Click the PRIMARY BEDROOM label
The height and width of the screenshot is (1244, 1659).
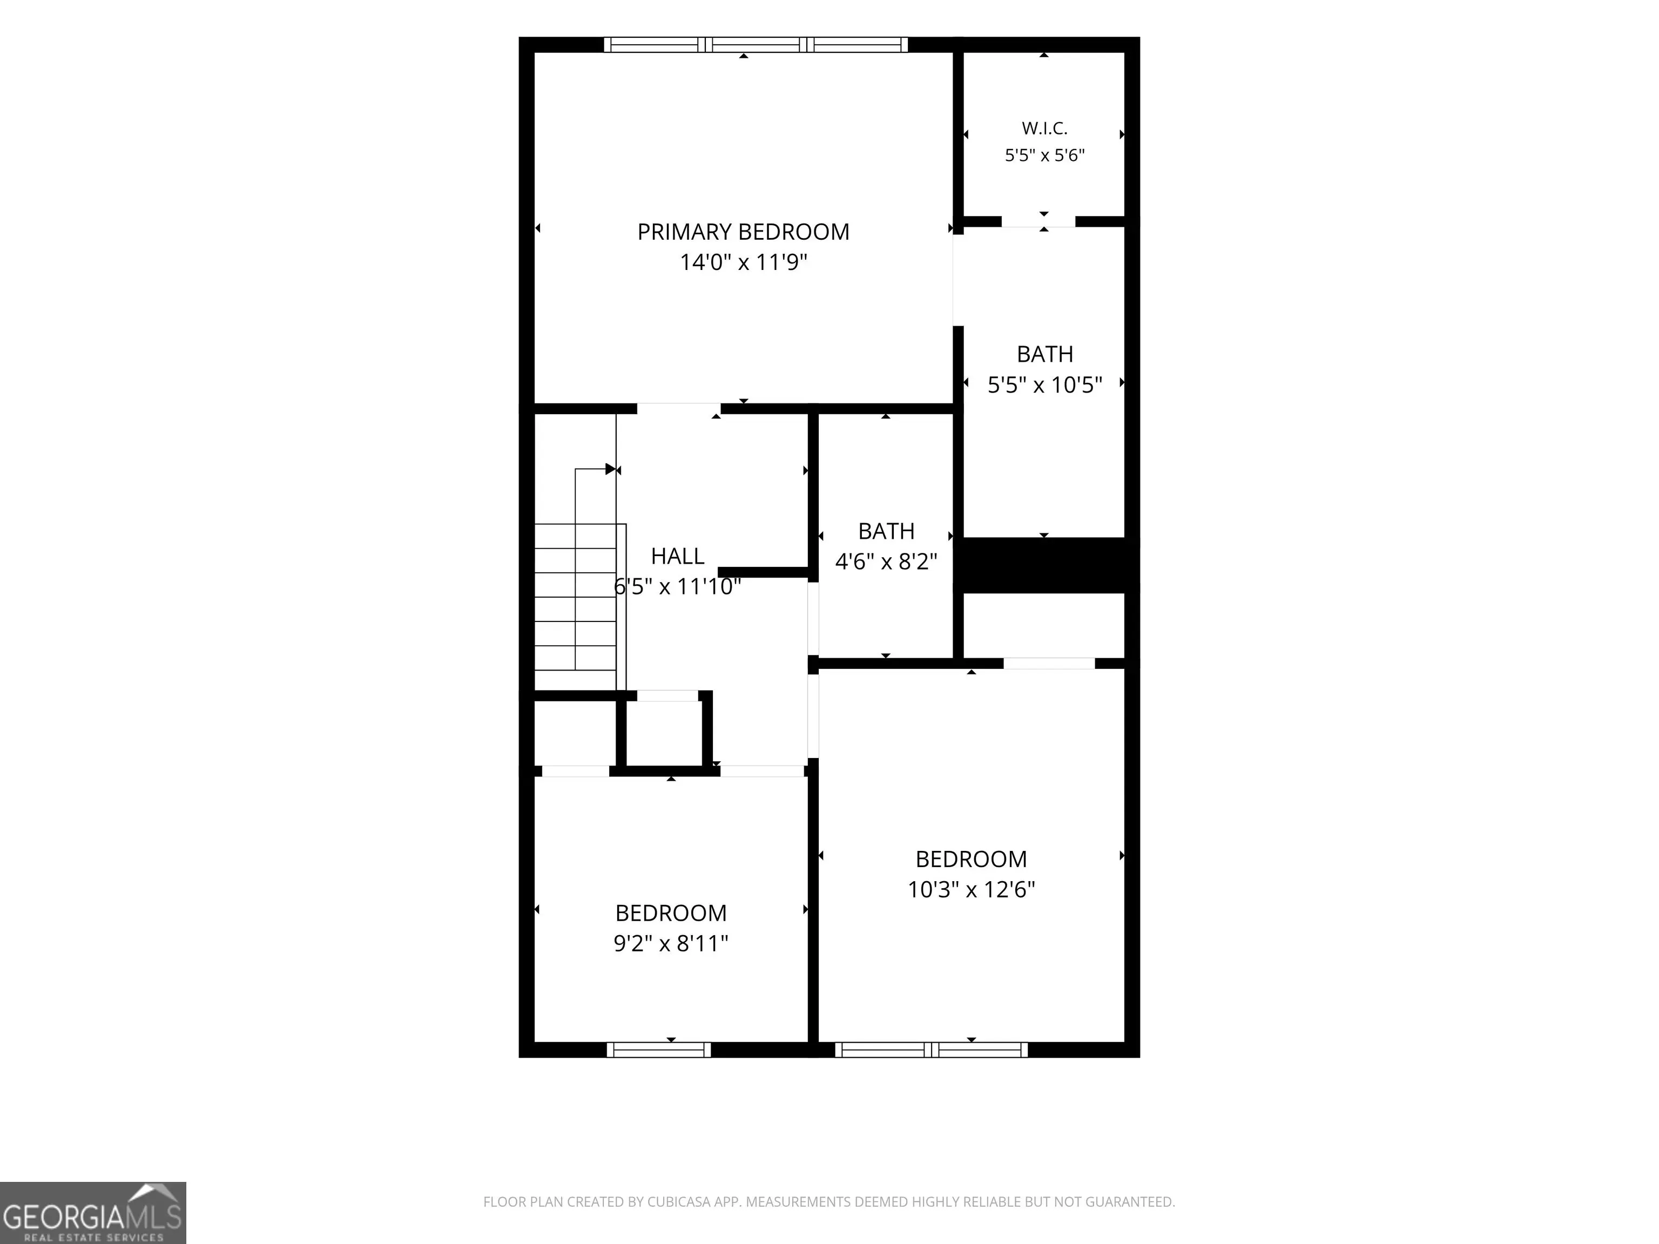743,232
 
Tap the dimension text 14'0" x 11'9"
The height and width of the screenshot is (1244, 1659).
743,262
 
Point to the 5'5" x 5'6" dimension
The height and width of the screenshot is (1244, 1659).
1045,155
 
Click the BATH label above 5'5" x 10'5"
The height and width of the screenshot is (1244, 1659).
1045,354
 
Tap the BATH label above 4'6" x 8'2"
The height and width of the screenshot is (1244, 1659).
887,531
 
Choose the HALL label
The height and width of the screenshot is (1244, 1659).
677,556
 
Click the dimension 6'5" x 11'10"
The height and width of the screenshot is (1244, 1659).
677,586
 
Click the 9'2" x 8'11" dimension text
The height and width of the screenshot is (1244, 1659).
671,943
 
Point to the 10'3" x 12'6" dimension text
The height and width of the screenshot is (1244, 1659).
971,889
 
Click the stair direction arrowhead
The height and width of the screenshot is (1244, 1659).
610,469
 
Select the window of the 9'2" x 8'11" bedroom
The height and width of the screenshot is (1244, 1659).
658,1050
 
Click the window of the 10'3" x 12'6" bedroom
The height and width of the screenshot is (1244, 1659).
932,1050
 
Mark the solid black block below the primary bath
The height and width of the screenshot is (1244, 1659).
1044,565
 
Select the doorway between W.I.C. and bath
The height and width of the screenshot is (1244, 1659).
1038,221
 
